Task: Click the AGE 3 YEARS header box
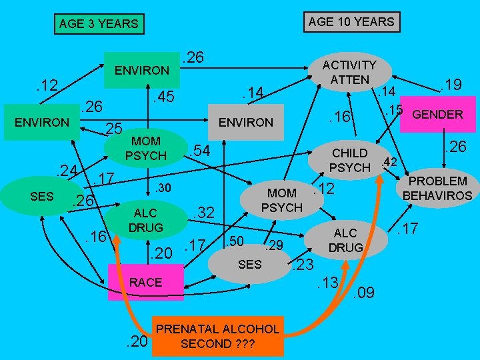(x=98, y=24)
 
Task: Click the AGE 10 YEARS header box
(x=351, y=21)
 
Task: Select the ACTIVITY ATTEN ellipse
(x=349, y=73)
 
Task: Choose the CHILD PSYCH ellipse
(x=349, y=160)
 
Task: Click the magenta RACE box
(x=145, y=282)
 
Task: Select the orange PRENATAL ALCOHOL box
(x=217, y=335)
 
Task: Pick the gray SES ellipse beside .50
(x=250, y=265)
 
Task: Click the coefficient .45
(x=163, y=97)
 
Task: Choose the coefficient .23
(x=303, y=265)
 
